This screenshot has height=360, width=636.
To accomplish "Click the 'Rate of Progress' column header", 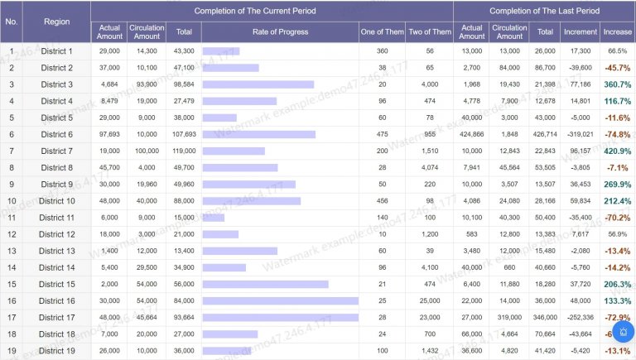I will click(280, 31).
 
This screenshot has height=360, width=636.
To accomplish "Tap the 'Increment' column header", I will click(580, 31).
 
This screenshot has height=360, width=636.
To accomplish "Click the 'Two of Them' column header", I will click(430, 31).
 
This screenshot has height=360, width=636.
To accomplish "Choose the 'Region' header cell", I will click(56, 22).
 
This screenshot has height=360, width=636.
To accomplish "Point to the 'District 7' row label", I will click(56, 151).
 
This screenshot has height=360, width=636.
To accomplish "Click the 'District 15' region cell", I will click(56, 284).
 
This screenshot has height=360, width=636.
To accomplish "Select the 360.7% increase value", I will click(618, 84).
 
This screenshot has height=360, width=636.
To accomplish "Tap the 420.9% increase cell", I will click(618, 151).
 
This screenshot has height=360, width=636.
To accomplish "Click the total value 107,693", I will click(184, 134).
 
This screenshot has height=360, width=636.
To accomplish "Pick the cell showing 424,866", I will click(472, 134).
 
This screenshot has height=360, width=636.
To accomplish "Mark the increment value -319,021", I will click(580, 134).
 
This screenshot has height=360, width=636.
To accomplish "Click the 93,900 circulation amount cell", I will click(147, 84).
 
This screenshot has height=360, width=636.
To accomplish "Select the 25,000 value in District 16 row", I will click(430, 300).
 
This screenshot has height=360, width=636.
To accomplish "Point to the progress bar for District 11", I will click(213, 218).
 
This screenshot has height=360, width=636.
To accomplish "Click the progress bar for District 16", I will click(280, 300).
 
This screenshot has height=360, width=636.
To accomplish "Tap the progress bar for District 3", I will click(258, 84).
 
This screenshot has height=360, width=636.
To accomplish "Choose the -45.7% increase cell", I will click(618, 68).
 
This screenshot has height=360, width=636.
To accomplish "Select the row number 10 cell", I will click(12, 201).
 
